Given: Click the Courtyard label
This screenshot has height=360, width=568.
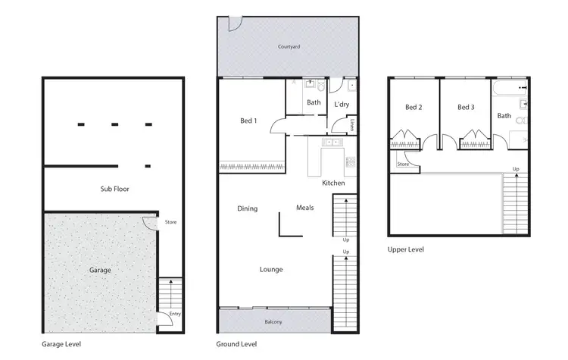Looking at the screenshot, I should pos(289,47).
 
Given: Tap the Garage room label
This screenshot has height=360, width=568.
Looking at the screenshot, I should pos(100,270).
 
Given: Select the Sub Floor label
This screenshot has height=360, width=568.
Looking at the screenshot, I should pos(114,189).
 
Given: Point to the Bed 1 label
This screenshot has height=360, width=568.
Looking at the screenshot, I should pos(248,121).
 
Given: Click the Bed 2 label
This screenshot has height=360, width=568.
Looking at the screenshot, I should pos(414,108).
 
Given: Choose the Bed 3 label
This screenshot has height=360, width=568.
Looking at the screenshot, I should pos(466,108).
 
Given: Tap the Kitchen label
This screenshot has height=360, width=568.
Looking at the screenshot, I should pos(333,183).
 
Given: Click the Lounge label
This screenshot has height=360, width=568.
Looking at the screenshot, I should pos(271,269).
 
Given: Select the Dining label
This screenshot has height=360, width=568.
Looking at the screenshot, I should pos(248,208).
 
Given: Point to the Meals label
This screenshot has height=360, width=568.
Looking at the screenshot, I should pos(305,208).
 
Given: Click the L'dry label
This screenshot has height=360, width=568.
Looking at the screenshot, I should pos(342,104).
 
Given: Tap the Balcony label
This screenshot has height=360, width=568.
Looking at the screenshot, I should pos(273,323).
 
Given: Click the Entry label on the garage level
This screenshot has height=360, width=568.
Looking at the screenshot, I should pos(176,314).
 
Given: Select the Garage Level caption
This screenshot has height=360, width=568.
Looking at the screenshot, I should pos(61,344).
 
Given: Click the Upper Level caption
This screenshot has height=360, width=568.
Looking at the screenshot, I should pos(406,249).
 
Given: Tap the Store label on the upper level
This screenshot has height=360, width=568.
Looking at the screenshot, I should pos(403,164).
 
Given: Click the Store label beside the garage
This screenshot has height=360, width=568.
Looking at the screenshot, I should pos(170,222).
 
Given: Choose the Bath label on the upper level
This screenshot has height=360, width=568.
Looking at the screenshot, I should pos(504,116).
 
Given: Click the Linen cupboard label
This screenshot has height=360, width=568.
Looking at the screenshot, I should pos(353,125).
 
